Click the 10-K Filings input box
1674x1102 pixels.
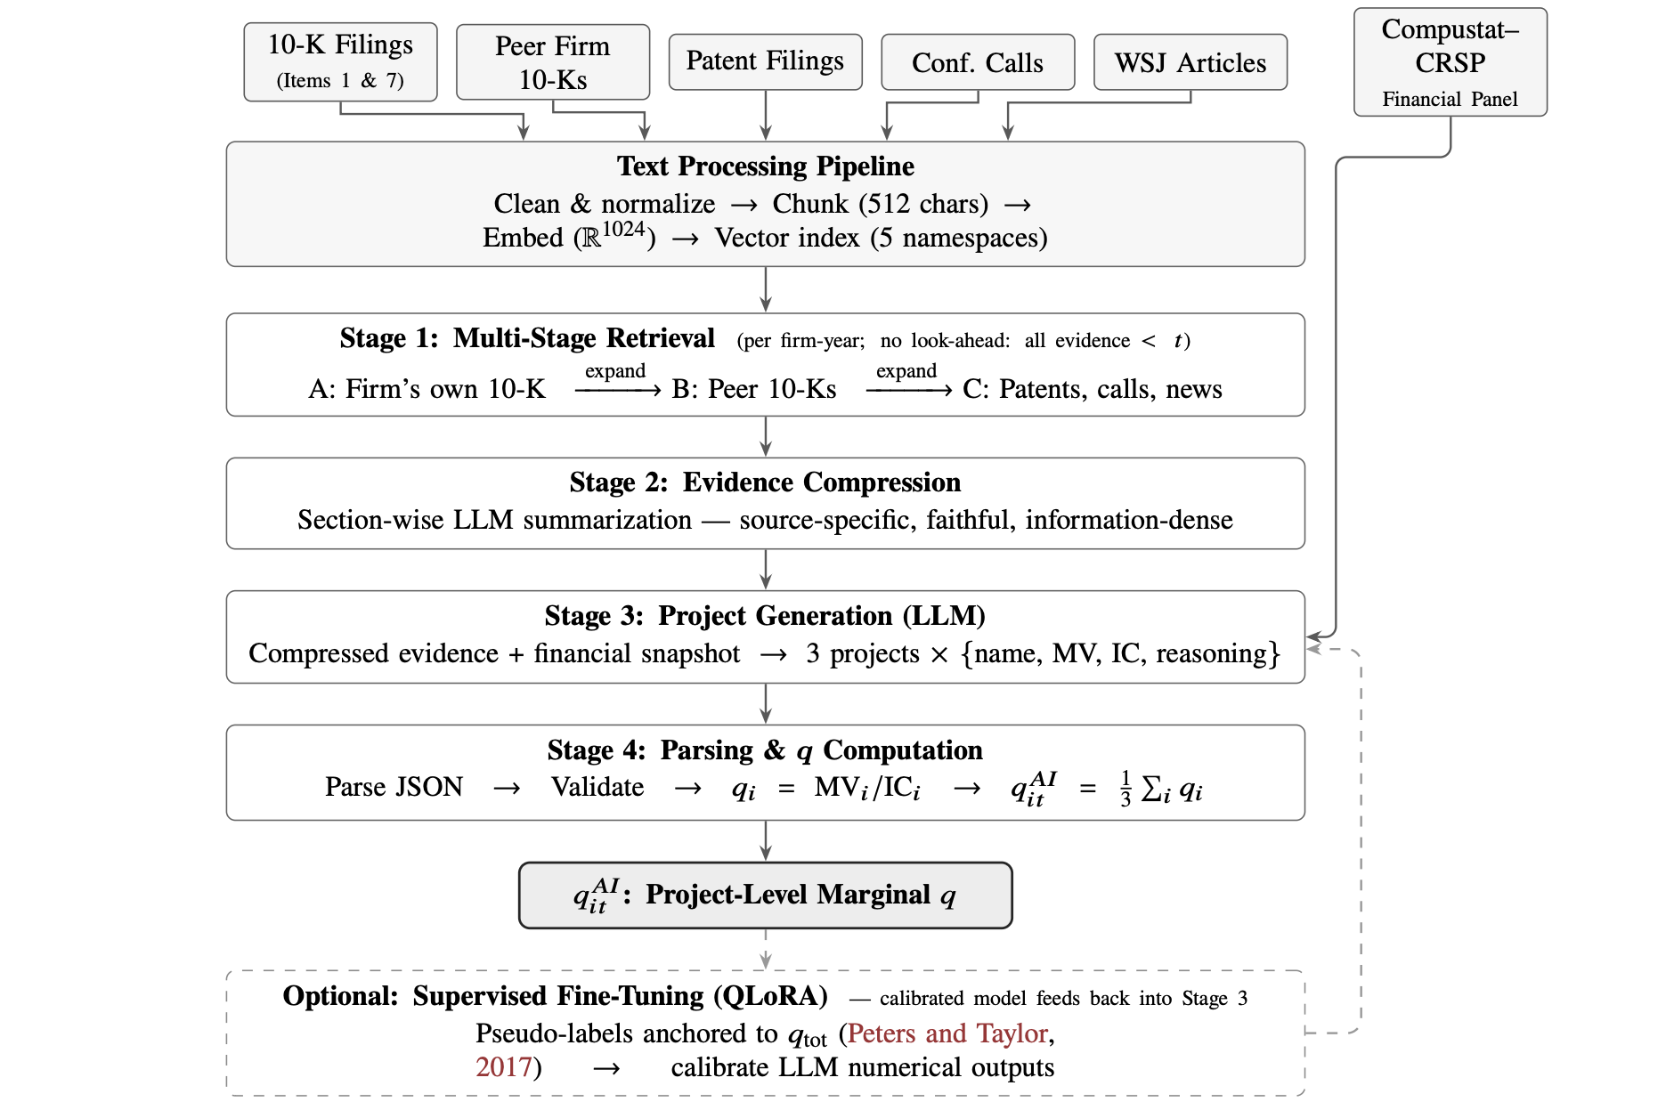pyautogui.click(x=340, y=61)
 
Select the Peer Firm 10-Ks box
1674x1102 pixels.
pyautogui.click(x=553, y=61)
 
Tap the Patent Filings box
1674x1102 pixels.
pyautogui.click(x=766, y=61)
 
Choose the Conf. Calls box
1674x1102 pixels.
pyautogui.click(x=978, y=61)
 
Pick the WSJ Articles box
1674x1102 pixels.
pyautogui.click(x=1190, y=61)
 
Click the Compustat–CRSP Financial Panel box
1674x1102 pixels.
pyautogui.click(x=1451, y=61)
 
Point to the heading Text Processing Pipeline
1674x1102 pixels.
pyautogui.click(x=766, y=166)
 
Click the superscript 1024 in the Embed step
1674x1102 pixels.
pyautogui.click(x=623, y=229)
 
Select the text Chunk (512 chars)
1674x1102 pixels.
pyautogui.click(x=881, y=204)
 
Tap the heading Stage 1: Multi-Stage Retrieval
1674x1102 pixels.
pyautogui.click(x=527, y=338)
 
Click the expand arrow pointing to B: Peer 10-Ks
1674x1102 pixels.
pyautogui.click(x=618, y=390)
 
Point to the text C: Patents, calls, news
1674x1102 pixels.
pyautogui.click(x=1093, y=389)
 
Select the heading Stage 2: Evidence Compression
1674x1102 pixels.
pyautogui.click(x=766, y=482)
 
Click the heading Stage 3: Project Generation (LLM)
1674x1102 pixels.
pyautogui.click(x=766, y=616)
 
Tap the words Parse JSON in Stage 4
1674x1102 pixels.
pyautogui.click(x=394, y=787)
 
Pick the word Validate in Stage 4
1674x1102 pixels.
pyautogui.click(x=597, y=787)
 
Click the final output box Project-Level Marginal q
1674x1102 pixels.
pyautogui.click(x=766, y=895)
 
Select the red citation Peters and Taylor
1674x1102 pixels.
pyautogui.click(x=947, y=1033)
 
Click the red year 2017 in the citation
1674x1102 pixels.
pyautogui.click(x=503, y=1067)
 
